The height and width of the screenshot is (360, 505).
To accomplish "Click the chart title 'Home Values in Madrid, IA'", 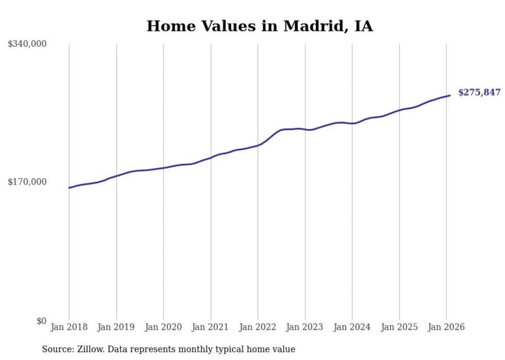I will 259,26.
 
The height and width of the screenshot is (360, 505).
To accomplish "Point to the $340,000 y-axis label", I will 27,44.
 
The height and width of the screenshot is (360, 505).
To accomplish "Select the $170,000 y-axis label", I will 27,182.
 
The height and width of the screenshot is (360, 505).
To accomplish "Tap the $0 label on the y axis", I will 41,321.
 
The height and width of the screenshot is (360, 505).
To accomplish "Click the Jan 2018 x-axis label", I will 69,327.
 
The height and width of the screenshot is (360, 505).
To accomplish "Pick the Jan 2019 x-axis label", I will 116,327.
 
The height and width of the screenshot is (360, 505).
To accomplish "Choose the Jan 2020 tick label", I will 163,327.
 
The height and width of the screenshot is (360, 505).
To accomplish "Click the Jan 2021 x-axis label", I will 210,327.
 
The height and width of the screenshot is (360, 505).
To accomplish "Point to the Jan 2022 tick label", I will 258,327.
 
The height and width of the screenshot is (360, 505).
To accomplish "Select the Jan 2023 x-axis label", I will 305,327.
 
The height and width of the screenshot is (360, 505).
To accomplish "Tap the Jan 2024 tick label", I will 352,327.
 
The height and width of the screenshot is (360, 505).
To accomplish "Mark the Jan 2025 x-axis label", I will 399,327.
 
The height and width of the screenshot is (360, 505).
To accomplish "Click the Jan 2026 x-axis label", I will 446,327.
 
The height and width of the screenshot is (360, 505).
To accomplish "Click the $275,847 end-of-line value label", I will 479,93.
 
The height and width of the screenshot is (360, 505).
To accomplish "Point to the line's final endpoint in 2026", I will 450,95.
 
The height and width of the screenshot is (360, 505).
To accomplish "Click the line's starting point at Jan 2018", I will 69,187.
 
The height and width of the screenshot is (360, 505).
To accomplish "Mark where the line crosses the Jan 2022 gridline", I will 258,145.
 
